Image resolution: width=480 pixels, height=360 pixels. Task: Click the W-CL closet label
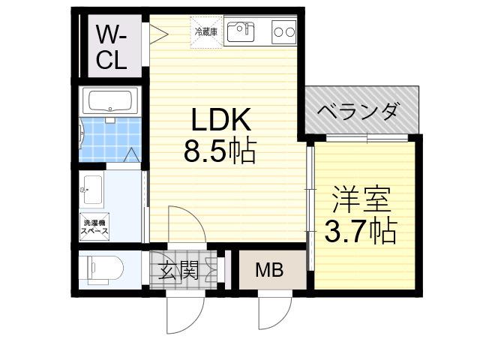coord(111,47)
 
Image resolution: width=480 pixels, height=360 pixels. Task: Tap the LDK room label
coord(220,118)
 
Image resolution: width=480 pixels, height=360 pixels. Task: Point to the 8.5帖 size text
coord(220,150)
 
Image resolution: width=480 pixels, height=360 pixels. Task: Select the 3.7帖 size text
coord(361,230)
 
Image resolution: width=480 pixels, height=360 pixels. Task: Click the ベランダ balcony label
coord(358,111)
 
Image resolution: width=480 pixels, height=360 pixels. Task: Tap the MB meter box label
coord(269,270)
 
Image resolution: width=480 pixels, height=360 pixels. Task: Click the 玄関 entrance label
coord(178,270)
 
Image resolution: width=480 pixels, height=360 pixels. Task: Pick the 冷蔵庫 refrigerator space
coord(207,32)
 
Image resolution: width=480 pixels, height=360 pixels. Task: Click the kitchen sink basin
coord(240,31)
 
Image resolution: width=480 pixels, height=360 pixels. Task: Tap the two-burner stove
coord(284,31)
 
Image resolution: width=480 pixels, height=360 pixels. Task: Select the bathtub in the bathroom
coord(110,101)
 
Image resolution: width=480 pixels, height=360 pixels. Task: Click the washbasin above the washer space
coord(92,190)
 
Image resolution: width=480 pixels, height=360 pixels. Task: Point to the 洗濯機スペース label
coord(94,226)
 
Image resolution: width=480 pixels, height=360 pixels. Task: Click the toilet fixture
coord(104,269)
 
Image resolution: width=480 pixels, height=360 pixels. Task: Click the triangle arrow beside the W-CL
coord(158,33)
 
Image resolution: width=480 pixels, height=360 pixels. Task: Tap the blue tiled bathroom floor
coord(110,139)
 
